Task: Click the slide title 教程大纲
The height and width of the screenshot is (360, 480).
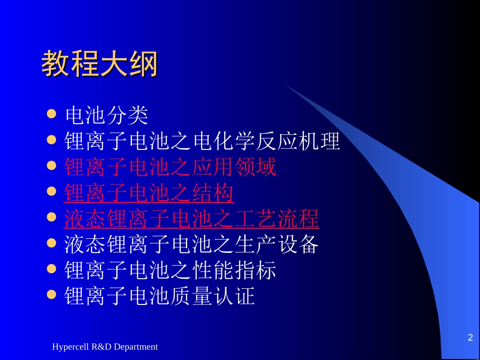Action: (x=100, y=63)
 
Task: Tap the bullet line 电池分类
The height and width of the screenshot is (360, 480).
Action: (x=107, y=115)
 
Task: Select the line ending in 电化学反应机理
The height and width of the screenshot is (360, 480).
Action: (x=202, y=141)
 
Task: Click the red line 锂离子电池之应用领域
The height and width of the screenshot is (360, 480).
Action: (x=170, y=167)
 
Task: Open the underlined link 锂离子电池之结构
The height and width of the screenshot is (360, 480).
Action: (x=149, y=193)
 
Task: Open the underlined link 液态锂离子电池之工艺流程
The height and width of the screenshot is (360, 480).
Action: (x=191, y=219)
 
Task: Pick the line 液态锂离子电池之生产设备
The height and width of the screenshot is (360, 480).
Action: (x=191, y=244)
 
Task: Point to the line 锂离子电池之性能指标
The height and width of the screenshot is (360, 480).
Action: (x=170, y=271)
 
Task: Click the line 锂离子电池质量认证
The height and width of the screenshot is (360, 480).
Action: (x=160, y=296)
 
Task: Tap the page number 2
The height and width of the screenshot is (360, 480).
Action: (x=470, y=337)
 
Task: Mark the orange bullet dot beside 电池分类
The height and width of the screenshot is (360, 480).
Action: (x=52, y=114)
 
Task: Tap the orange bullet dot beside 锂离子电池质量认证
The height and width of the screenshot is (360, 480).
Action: (x=52, y=294)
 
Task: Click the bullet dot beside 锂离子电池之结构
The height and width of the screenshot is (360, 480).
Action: (x=52, y=191)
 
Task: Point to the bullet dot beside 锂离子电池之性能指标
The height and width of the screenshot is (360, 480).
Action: (x=52, y=269)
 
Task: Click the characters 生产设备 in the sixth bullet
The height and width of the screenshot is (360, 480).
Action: (x=277, y=244)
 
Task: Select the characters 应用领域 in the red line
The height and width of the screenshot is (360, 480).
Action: (x=234, y=167)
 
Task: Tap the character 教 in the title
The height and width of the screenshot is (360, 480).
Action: (x=56, y=63)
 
